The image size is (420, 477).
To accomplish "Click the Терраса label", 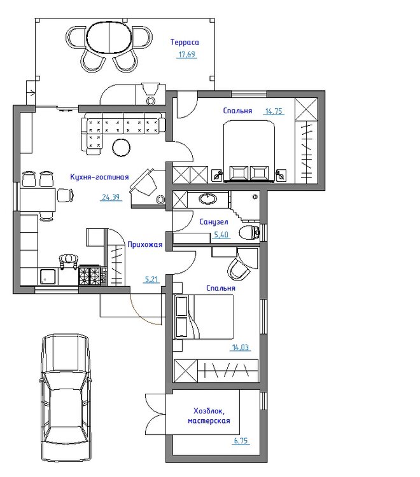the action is tap(185, 42).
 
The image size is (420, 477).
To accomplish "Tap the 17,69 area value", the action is tap(186, 55).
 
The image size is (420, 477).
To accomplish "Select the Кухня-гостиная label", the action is tap(99, 177).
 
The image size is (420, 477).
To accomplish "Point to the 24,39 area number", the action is tap(111, 197).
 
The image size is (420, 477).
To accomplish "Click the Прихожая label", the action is tap(144, 244).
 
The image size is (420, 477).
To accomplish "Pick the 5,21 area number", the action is tap(151, 279).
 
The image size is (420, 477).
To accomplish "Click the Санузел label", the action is tap(213, 222).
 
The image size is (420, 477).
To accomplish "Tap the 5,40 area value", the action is tap(221, 235).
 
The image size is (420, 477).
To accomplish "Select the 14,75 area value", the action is tap(274, 111).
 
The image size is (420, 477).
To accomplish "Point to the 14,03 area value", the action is tap(240, 347).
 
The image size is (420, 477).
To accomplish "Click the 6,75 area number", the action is tap(241, 441).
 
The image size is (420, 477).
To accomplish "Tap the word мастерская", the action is tap(209, 421).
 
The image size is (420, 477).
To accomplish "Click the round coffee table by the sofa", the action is tap(122, 148).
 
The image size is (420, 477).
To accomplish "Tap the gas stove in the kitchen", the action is tap(90, 275).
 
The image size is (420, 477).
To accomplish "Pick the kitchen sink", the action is tap(48, 276).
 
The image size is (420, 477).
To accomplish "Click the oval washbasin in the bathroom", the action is tap(208, 199).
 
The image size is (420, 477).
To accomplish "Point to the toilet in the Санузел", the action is tap(249, 233).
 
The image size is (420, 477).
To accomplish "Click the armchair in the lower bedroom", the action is tap(239, 269).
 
